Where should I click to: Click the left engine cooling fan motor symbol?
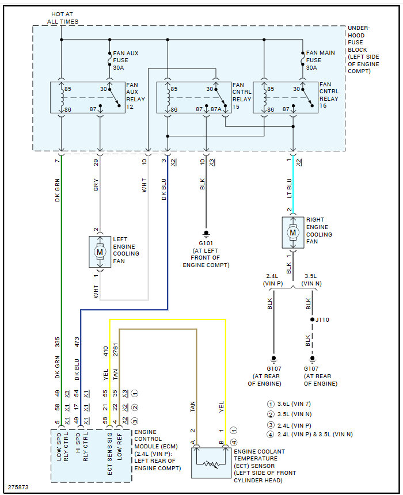[100, 252]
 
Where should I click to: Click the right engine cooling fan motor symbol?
[293, 233]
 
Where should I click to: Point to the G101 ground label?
[206, 243]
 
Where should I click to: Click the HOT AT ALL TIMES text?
[62, 18]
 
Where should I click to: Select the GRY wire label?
[96, 185]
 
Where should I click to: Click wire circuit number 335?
[58, 343]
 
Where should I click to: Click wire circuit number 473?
[77, 343]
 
